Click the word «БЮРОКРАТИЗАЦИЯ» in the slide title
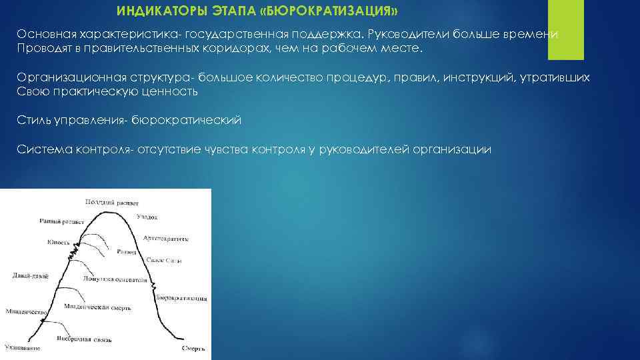tap(346, 11)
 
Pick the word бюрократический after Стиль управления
tap(187, 121)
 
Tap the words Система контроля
tap(75, 149)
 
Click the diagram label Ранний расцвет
tap(60, 221)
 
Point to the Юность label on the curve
tap(58, 242)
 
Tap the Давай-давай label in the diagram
tap(29, 275)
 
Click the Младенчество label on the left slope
tap(26, 311)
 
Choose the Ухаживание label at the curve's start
tap(22, 348)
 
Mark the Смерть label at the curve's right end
tap(193, 348)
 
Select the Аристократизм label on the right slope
tap(165, 238)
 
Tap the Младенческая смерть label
tap(97, 307)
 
